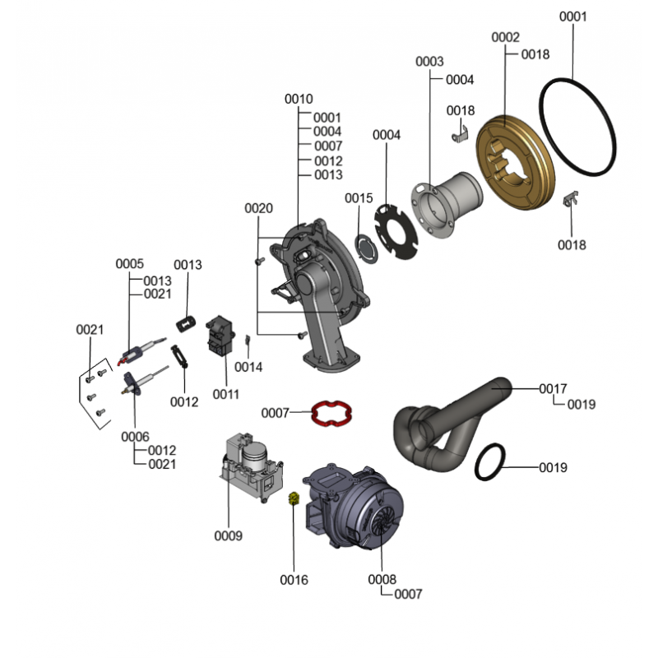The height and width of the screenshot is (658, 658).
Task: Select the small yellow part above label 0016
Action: click(292, 498)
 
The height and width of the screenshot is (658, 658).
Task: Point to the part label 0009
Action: click(228, 536)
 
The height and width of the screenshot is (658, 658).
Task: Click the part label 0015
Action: click(359, 198)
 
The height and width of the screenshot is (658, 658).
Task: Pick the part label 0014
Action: click(248, 367)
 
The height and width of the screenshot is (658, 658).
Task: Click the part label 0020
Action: click(258, 209)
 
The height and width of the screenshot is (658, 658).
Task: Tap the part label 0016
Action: click(294, 580)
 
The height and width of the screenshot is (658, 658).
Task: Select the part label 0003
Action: click(429, 62)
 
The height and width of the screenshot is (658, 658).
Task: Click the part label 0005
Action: click(129, 264)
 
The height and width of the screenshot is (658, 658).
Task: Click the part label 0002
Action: click(506, 38)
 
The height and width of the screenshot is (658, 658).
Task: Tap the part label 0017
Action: click(553, 388)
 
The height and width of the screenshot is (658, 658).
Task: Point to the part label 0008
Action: click(382, 580)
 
